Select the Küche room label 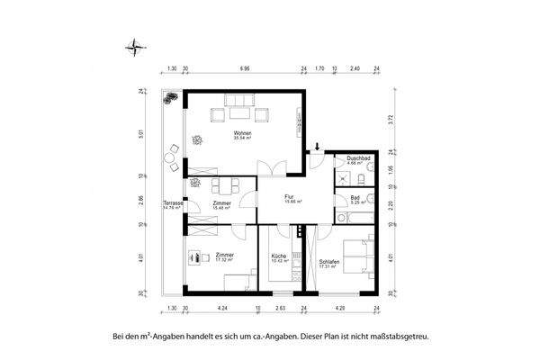tap(279, 257)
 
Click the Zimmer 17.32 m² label tap(224, 256)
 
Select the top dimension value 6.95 tap(244, 67)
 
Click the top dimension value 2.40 tap(355, 67)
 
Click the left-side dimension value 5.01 tap(141, 135)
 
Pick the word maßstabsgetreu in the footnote tap(400, 337)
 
